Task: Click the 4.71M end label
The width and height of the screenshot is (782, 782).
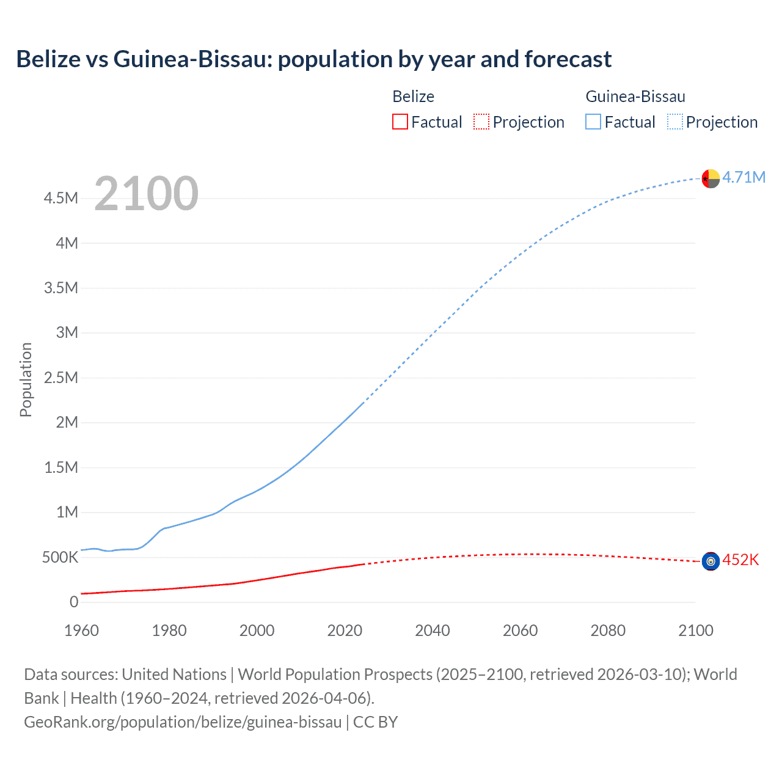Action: (744, 177)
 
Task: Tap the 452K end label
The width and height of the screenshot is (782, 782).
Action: (740, 560)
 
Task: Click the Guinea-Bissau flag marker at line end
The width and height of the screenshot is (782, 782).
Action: (711, 178)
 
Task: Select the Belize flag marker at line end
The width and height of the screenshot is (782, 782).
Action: (711, 561)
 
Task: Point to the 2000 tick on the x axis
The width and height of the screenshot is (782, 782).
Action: (257, 630)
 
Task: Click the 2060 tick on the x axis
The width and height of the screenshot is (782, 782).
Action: (520, 630)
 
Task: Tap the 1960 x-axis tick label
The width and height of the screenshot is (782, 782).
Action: (81, 630)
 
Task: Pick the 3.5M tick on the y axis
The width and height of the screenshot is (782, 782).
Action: (61, 288)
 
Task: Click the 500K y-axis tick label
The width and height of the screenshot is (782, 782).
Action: (60, 557)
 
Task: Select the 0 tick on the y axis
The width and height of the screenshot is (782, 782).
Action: (74, 602)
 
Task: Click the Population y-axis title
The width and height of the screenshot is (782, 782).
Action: (26, 379)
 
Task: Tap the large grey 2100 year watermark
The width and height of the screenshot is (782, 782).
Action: (146, 193)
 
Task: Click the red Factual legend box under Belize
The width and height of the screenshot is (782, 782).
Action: (400, 122)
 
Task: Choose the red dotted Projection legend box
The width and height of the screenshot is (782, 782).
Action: (481, 122)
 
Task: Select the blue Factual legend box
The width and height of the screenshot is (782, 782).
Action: (593, 122)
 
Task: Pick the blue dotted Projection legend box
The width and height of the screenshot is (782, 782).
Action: (674, 122)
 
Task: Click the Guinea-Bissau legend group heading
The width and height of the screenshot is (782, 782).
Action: (635, 97)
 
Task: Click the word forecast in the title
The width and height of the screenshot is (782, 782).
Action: (568, 59)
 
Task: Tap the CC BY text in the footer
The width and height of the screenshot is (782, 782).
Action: (375, 722)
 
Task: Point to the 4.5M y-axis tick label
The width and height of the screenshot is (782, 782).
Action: (61, 198)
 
